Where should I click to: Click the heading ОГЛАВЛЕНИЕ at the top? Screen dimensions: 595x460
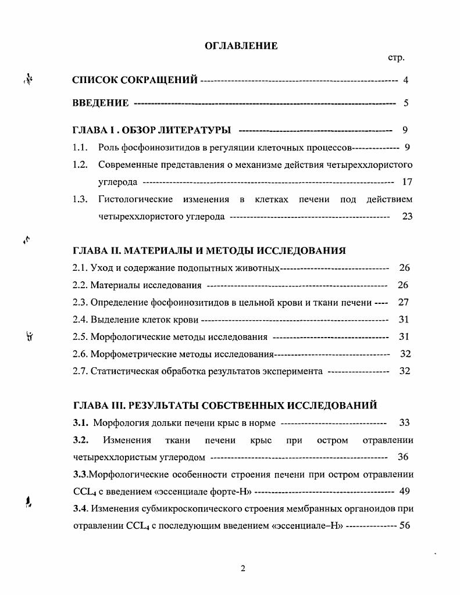(241, 45)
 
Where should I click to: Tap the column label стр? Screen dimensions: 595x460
(396, 58)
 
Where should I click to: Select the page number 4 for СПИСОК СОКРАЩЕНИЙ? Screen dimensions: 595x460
(406, 80)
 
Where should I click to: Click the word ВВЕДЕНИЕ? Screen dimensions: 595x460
(101, 103)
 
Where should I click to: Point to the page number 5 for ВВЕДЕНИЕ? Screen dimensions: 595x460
(406, 103)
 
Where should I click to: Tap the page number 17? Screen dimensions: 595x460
(407, 182)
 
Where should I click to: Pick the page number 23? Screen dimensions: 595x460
(407, 217)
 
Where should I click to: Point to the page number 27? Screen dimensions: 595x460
(404, 302)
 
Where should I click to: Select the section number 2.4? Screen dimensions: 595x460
(80, 320)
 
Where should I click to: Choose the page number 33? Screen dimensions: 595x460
(405, 423)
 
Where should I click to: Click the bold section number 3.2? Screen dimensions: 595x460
(81, 440)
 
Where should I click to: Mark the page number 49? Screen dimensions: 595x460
(405, 492)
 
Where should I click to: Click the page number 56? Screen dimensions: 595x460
(405, 526)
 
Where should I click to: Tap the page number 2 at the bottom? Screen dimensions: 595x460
(243, 568)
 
